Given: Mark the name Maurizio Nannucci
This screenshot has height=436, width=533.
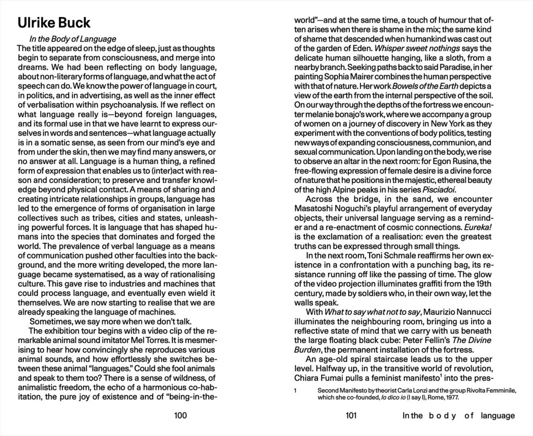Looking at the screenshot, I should click(463, 312).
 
